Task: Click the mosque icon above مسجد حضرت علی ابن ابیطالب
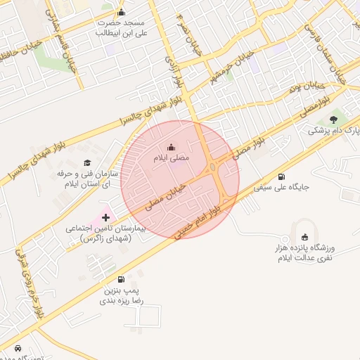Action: [x=122, y=11]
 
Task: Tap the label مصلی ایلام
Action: [x=172, y=160]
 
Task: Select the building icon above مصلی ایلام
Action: [x=172, y=147]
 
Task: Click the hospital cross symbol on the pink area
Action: [x=106, y=218]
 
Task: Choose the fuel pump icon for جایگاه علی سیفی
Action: [x=282, y=176]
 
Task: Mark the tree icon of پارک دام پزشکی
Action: [x=333, y=120]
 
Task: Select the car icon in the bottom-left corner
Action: [x=18, y=347]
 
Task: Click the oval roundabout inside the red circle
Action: [x=212, y=167]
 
